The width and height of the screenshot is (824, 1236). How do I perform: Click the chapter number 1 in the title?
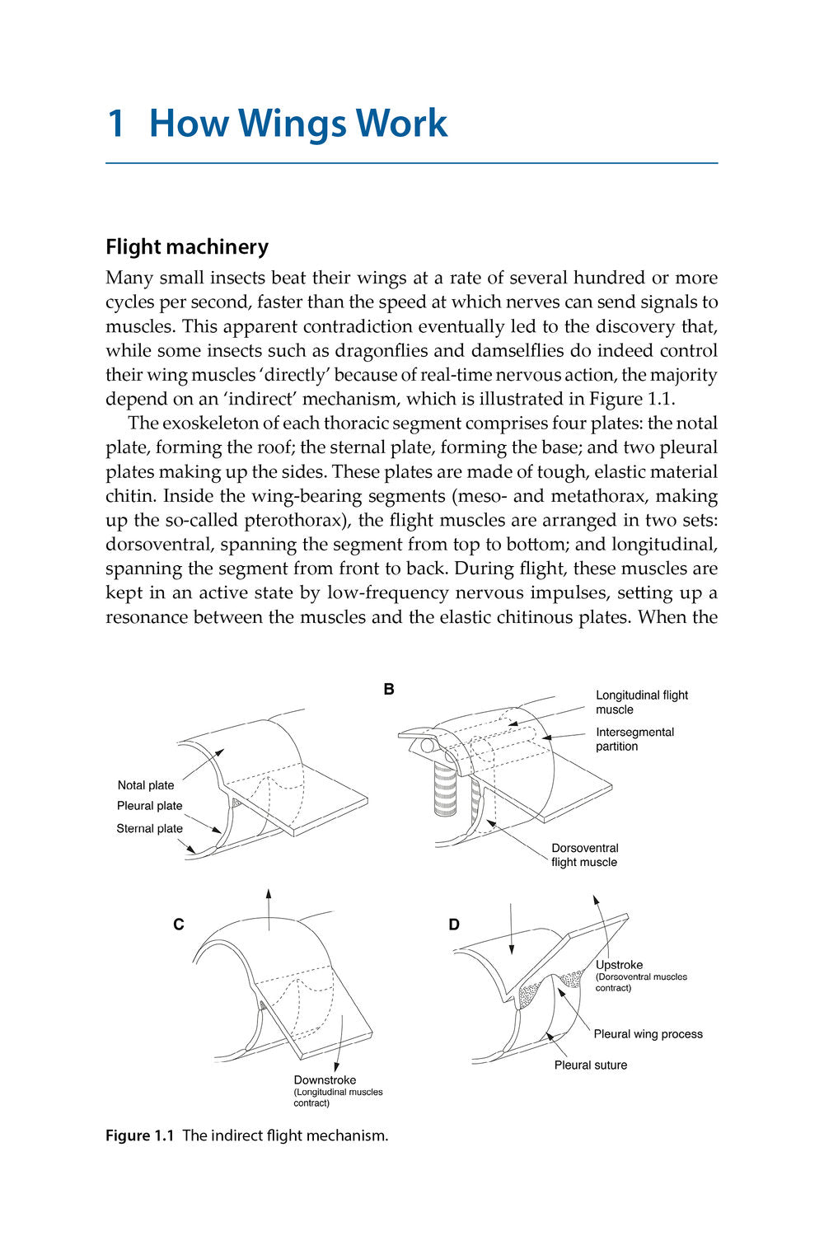click(x=116, y=124)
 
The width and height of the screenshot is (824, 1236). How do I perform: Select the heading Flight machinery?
click(x=187, y=247)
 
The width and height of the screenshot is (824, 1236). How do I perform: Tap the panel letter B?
click(x=389, y=690)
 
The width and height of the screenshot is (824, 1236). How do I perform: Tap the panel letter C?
click(x=179, y=925)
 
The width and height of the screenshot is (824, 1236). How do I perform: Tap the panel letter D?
click(x=454, y=925)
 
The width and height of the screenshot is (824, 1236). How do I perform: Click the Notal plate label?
click(x=146, y=785)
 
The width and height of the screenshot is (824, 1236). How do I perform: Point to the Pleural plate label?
click(x=149, y=806)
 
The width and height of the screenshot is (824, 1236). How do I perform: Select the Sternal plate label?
click(x=149, y=829)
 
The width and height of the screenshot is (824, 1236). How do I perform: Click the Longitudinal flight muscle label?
click(x=641, y=702)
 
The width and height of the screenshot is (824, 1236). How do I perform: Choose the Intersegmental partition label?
click(x=634, y=739)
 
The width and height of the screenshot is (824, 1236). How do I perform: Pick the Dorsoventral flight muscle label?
click(x=584, y=855)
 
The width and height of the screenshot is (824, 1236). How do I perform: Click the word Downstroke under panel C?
click(x=325, y=1080)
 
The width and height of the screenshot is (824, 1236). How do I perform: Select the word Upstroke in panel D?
click(x=619, y=965)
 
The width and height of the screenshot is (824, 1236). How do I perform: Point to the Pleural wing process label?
click(x=648, y=1034)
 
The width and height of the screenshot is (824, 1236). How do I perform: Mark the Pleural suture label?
click(x=590, y=1065)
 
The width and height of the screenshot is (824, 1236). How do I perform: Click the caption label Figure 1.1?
click(x=140, y=1135)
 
